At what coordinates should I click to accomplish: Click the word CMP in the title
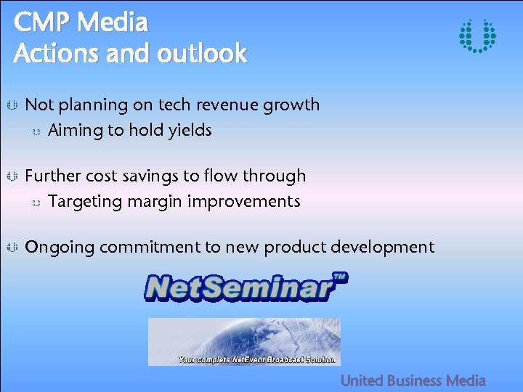pyautogui.click(x=41, y=23)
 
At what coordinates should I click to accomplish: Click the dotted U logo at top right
pyautogui.click(x=477, y=36)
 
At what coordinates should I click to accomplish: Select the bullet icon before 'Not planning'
pyautogui.click(x=11, y=106)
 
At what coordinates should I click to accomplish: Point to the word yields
pyautogui.click(x=190, y=131)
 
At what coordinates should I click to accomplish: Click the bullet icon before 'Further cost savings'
pyautogui.click(x=11, y=176)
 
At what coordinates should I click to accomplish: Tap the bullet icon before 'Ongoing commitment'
pyautogui.click(x=11, y=248)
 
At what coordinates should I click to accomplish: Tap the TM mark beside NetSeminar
pyautogui.click(x=339, y=277)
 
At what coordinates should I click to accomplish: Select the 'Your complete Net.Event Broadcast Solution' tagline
pyautogui.click(x=257, y=359)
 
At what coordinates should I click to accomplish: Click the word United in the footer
pyautogui.click(x=362, y=380)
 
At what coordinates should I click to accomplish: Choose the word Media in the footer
pyautogui.click(x=466, y=380)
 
